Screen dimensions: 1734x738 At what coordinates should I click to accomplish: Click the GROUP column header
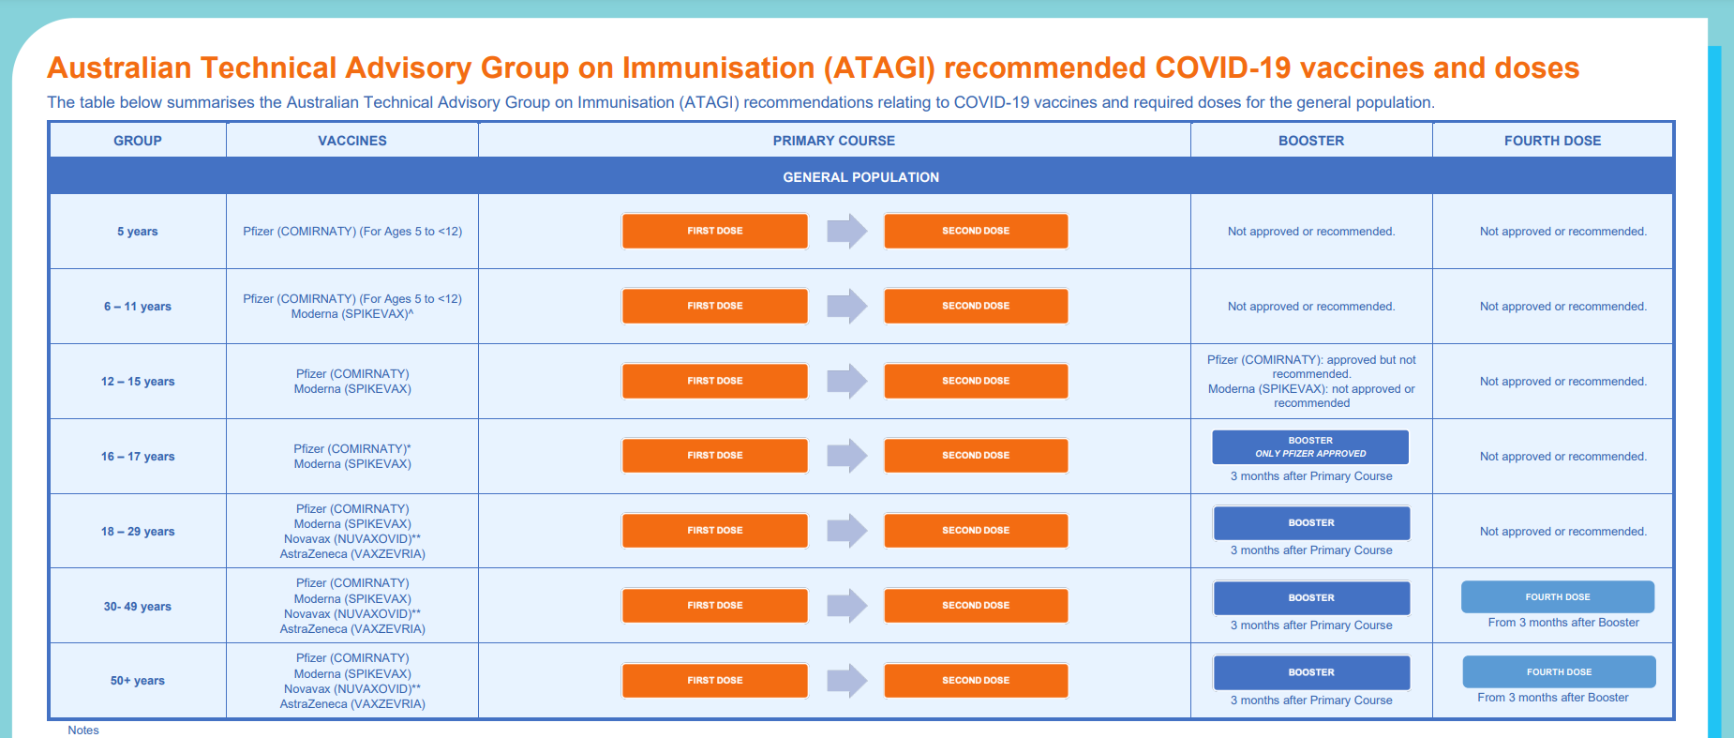coord(138,141)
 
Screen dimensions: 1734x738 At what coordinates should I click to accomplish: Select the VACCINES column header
coord(352,141)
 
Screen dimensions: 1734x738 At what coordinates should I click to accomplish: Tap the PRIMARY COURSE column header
coord(834,141)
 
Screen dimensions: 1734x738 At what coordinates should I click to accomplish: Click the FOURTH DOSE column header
coord(1552,141)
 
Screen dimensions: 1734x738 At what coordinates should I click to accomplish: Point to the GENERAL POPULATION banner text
coord(861,177)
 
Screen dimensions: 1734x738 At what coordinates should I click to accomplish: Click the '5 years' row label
coord(138,232)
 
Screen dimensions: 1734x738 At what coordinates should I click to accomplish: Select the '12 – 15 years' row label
coord(138,382)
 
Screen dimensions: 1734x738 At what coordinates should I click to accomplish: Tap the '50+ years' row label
coord(138,681)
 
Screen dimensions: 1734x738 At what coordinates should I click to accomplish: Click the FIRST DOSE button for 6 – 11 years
coord(714,306)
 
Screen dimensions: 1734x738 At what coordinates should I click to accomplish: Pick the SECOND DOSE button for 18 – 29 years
coord(976,531)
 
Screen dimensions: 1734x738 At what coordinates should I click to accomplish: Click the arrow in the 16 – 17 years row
coord(847,456)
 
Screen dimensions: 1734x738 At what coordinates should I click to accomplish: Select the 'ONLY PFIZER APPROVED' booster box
coord(1310,447)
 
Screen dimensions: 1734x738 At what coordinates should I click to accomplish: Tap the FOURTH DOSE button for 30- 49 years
coord(1558,597)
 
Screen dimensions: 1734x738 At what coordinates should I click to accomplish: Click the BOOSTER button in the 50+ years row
coord(1311,672)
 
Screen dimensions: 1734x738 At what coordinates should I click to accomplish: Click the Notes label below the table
coord(83,730)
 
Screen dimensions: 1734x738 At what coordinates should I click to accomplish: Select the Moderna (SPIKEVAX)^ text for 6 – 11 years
coord(352,314)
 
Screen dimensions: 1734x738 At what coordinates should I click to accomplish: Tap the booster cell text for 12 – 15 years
coord(1311,382)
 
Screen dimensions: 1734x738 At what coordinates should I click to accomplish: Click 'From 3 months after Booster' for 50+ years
coord(1553,698)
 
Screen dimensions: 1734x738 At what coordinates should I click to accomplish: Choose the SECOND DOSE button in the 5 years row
coord(976,231)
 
